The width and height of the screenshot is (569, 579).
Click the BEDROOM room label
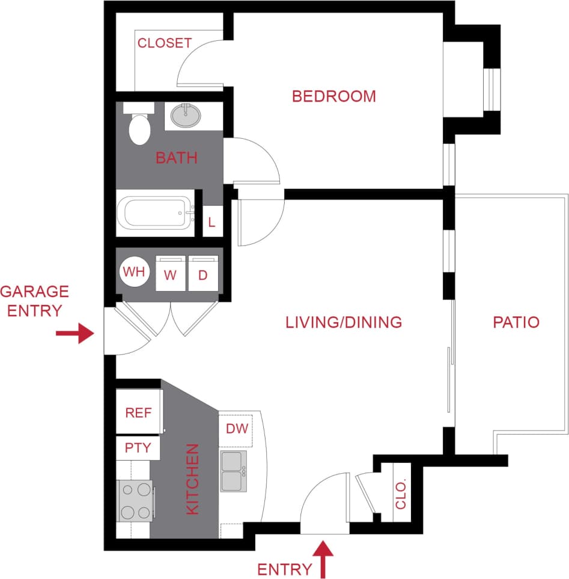pos(333,96)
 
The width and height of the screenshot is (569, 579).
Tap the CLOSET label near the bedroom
pos(164,43)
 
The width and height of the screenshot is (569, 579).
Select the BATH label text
pos(176,158)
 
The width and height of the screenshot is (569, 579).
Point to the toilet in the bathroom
pos(140,126)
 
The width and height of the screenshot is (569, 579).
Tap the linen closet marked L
pos(211,222)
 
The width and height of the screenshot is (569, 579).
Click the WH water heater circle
pos(134,272)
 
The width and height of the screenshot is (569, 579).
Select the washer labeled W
pos(171,274)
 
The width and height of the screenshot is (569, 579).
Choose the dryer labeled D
pos(203,274)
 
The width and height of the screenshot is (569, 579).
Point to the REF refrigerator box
pos(139,412)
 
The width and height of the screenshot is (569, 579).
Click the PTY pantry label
pos(138,448)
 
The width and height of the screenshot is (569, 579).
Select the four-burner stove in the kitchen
pos(135,501)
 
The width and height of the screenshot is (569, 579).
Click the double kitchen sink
pos(234,471)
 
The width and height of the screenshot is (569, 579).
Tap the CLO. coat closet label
pos(401,494)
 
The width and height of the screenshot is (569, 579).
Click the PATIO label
pos(516,322)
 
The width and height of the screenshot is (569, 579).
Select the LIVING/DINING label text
pos(343,322)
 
